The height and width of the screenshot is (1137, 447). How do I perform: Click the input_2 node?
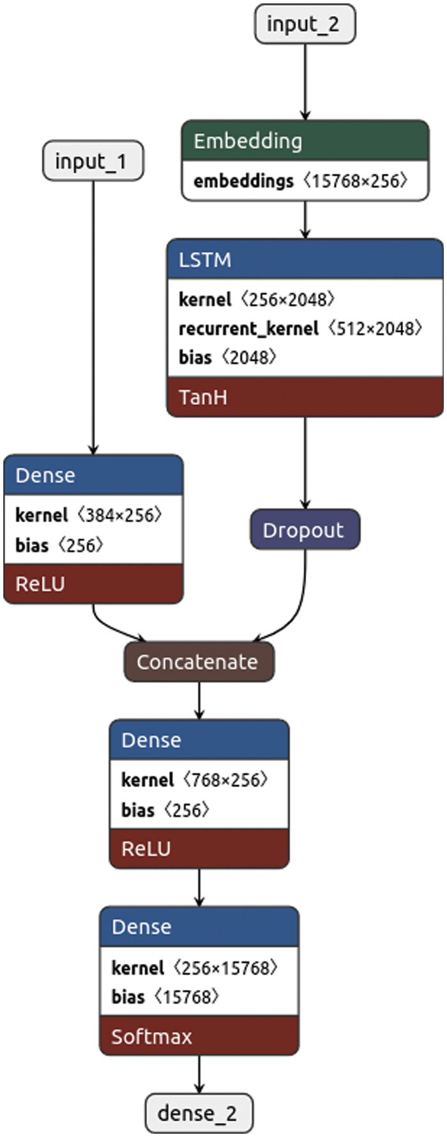(305, 24)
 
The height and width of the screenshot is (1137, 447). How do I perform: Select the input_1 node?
(93, 161)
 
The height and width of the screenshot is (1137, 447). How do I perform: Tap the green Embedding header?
(305, 141)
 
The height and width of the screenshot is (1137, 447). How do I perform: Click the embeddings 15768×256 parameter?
(300, 181)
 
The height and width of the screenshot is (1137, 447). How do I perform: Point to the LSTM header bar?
(305, 259)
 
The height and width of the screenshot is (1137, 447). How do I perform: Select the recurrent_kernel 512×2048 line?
(300, 328)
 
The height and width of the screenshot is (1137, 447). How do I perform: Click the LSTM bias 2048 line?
(227, 357)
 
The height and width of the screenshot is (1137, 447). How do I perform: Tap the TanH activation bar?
(305, 397)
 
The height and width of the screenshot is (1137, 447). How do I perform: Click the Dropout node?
(305, 530)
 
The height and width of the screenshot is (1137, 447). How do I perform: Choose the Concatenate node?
(199, 662)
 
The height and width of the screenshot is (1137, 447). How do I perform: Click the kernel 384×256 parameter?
(89, 515)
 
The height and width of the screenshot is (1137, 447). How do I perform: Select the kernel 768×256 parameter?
(194, 780)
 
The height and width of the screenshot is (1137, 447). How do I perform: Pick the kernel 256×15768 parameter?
(194, 968)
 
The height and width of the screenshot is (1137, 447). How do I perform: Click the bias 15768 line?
(165, 996)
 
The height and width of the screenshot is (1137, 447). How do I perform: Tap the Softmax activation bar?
(199, 1036)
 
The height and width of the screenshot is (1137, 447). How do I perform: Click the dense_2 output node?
(199, 1113)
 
